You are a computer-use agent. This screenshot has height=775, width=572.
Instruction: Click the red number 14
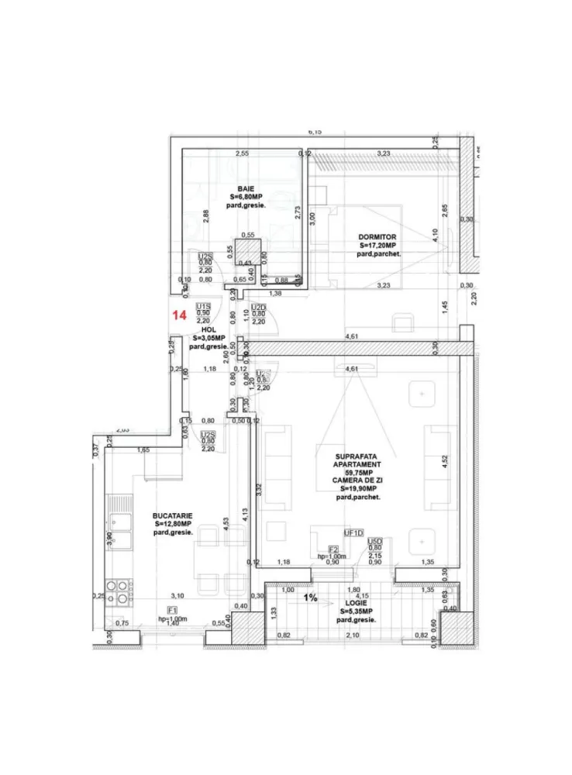coord(179,315)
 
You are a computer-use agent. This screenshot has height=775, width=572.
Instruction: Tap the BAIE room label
coord(246,188)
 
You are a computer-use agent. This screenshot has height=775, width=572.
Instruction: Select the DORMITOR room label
coord(377,236)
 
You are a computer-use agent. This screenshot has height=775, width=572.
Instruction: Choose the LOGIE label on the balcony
coord(357,602)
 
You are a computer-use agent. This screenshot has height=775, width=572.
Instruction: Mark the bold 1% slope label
coord(310,598)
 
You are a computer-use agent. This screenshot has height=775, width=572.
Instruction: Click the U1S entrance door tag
coord(204,305)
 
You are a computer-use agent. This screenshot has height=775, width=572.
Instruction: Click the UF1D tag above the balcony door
coord(354,532)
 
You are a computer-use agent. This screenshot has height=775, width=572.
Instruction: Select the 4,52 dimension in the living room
coord(444,460)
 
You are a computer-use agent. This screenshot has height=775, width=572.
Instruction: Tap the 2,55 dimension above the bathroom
coord(242,153)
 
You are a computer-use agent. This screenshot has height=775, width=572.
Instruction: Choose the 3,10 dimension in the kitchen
coord(177,595)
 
